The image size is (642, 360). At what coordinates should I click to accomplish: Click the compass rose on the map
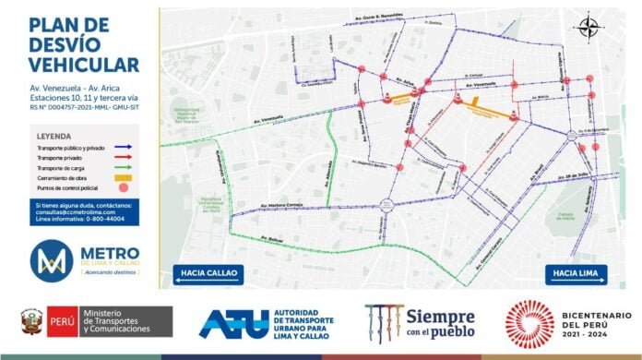588,27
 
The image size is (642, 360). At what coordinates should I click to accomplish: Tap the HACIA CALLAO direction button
206,273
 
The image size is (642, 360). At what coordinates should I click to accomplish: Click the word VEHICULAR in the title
83,64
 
